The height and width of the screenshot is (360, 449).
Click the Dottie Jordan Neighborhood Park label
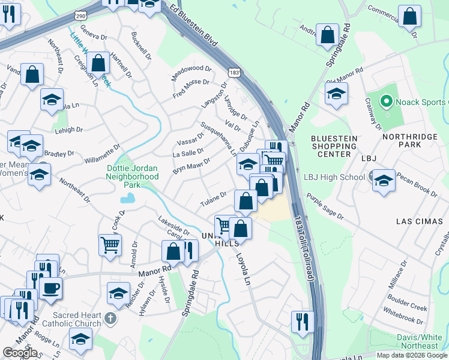pos(132,177)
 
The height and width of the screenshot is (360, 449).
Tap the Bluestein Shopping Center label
pos(334,146)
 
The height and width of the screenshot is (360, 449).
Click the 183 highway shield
pos(235,72)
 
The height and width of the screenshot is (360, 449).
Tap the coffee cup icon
pos(50,287)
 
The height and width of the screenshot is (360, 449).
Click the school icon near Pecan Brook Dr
pos(384,181)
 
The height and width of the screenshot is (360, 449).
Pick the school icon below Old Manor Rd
pos(336,94)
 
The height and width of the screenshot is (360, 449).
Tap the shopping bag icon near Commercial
pos(409,17)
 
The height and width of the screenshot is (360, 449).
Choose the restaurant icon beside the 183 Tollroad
pos(303,320)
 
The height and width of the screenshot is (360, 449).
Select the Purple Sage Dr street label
pos(324,206)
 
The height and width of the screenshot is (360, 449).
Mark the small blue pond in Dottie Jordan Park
pos(127,199)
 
